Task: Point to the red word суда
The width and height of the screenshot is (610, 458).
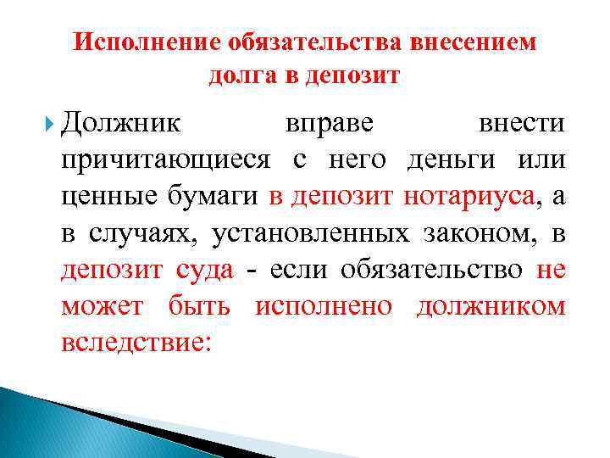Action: [204, 270]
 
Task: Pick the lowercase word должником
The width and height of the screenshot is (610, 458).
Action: [490, 306]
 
